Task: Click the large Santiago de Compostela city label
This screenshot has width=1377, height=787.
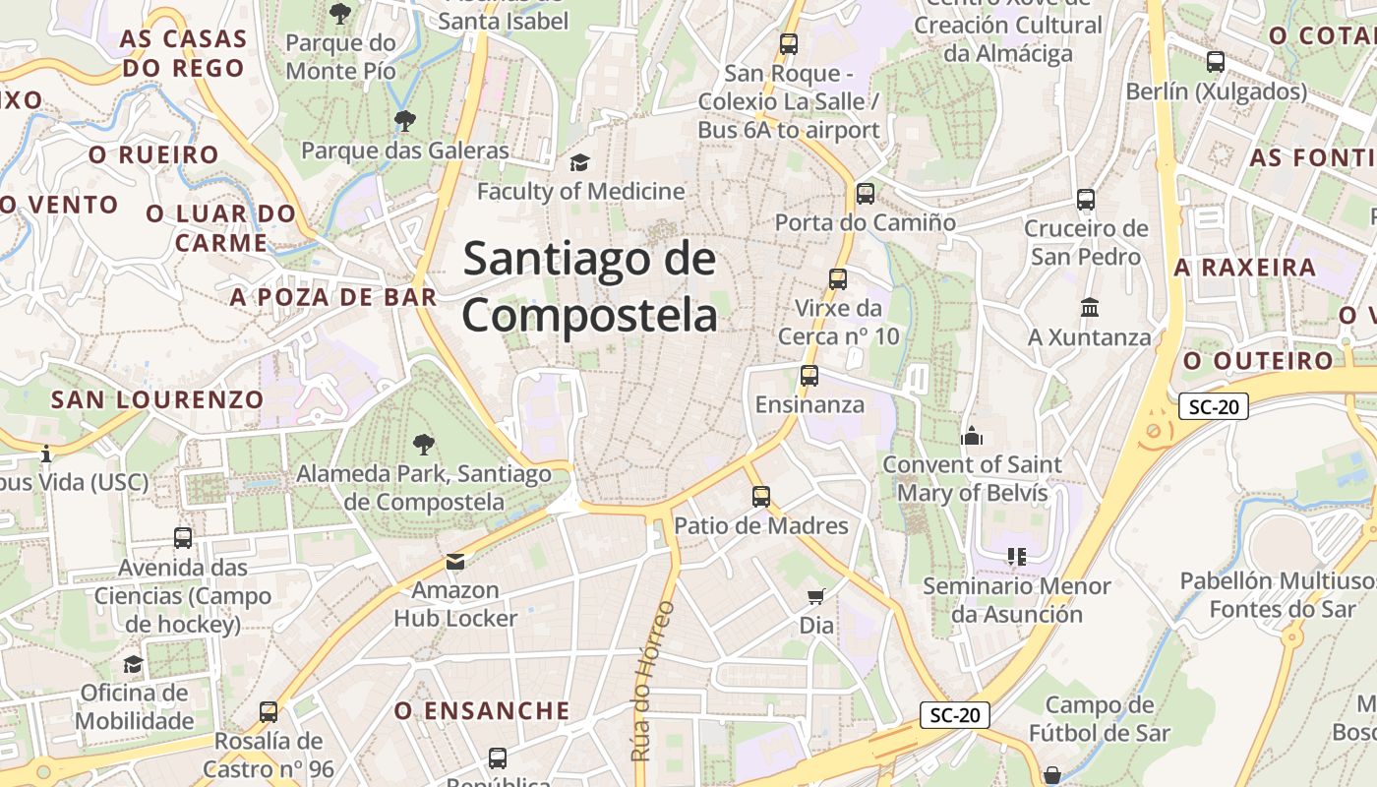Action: [590, 287]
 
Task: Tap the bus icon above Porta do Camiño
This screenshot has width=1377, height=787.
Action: [866, 194]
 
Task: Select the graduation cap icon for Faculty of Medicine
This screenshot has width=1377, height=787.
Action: [580, 162]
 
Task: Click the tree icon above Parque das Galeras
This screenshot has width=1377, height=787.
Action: [404, 121]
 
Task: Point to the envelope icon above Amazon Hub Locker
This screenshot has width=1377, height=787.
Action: [455, 562]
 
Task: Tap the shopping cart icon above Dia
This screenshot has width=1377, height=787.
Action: [815, 596]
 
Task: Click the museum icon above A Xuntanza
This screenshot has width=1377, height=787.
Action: [1089, 308]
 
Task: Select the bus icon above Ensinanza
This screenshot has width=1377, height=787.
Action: [809, 376]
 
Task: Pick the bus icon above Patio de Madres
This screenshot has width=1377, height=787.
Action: [760, 497]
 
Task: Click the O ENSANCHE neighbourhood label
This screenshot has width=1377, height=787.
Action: [482, 710]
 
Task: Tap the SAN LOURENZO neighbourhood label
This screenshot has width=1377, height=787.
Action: [157, 399]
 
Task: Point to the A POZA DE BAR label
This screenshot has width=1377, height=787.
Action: [333, 297]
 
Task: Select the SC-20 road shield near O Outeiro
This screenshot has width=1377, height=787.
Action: [1214, 405]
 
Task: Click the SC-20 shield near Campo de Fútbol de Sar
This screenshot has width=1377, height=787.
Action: [954, 715]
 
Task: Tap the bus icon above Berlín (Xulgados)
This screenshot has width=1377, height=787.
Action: [1216, 62]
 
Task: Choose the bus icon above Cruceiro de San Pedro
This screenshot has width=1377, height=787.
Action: [1086, 200]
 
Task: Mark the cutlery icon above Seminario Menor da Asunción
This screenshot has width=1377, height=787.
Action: [1017, 557]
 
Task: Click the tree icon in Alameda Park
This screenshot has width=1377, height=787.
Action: [424, 444]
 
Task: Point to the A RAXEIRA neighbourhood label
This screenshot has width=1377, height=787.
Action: [1244, 268]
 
